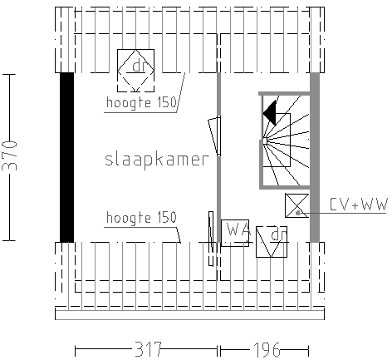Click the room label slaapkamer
[157, 160]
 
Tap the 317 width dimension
[148, 349]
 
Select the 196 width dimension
[267, 349]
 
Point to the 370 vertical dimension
[9, 155]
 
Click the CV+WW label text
[359, 205]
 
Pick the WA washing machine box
[235, 233]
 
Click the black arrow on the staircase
[270, 113]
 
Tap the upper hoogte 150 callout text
[141, 102]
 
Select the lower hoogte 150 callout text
[141, 217]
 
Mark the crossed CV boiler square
[296, 205]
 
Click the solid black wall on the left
[67, 157]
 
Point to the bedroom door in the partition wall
[215, 136]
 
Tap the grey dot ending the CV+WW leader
[297, 213]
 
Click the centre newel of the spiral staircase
[265, 141]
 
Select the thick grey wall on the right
[315, 157]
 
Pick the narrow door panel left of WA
[211, 239]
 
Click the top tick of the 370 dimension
[9, 75]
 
